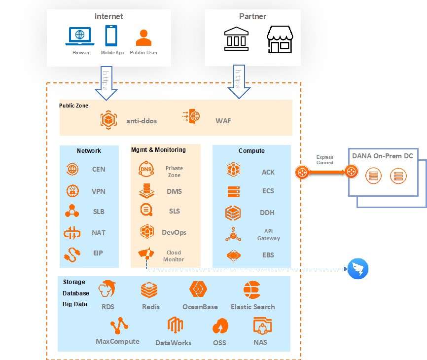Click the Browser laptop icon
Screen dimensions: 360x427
(x=80, y=36)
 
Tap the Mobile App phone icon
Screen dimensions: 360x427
(x=111, y=36)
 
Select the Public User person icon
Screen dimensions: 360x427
(x=143, y=38)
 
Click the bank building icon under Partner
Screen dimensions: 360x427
(x=237, y=38)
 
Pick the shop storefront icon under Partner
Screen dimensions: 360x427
(x=280, y=39)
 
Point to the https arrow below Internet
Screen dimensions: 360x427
(x=107, y=83)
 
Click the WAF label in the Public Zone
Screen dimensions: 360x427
(x=223, y=121)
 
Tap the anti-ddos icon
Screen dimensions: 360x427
(x=108, y=120)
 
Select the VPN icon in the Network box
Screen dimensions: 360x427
(x=72, y=191)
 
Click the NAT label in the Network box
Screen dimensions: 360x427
(x=99, y=233)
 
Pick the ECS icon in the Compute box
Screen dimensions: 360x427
(x=233, y=191)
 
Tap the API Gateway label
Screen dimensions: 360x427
(x=268, y=235)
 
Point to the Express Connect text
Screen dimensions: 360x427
(x=325, y=160)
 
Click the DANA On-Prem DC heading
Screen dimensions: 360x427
(x=382, y=156)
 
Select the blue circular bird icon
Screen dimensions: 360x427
(x=358, y=269)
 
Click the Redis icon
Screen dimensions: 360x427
(x=149, y=289)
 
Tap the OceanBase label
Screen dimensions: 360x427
(x=200, y=307)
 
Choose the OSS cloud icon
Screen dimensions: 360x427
(x=220, y=326)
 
